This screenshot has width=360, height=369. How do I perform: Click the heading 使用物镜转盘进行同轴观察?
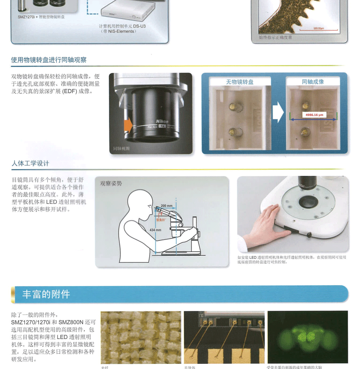(x=49, y=60)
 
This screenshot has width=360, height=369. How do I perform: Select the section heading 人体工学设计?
(x=30, y=163)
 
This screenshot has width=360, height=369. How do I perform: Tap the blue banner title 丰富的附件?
(x=46, y=294)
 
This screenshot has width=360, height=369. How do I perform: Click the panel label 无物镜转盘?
(x=240, y=82)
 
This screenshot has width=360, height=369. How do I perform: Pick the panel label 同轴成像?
(x=313, y=82)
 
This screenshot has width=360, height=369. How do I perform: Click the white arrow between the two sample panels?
(x=278, y=114)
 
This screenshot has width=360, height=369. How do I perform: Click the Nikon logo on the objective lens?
(x=162, y=121)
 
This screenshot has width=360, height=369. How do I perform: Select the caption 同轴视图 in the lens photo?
(x=121, y=148)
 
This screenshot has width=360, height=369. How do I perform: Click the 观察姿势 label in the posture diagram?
(x=111, y=183)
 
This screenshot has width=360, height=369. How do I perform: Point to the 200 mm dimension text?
(x=166, y=206)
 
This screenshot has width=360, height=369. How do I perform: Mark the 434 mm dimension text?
(x=155, y=230)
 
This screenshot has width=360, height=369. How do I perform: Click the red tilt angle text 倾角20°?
(x=161, y=219)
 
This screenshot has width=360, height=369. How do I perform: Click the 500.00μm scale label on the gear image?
(x=318, y=28)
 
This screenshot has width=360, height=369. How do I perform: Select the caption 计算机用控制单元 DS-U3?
(x=122, y=26)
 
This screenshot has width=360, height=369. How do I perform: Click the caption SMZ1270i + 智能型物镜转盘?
(x=41, y=17)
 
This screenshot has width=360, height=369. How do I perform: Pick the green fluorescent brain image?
(x=308, y=337)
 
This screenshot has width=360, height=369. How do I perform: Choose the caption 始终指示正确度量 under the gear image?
(x=275, y=37)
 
